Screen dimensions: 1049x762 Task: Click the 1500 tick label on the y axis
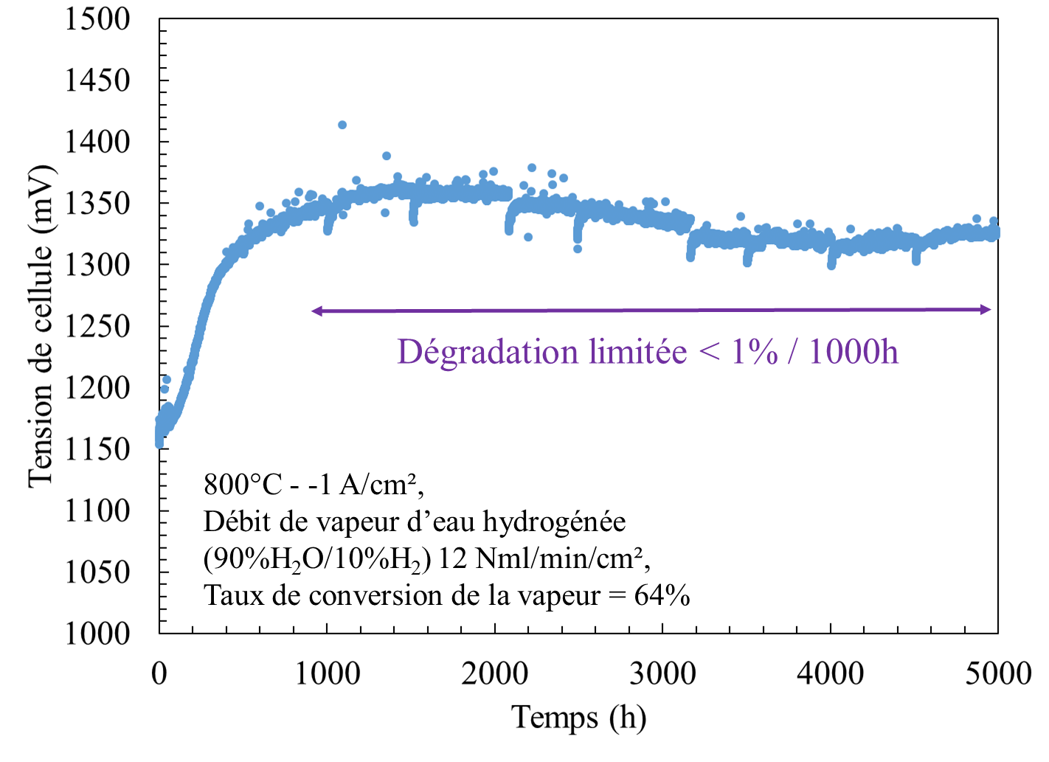click(x=97, y=20)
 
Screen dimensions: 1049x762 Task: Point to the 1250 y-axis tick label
click(x=97, y=327)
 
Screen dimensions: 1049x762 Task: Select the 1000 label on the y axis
click(x=97, y=634)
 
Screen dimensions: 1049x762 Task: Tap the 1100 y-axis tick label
click(x=97, y=510)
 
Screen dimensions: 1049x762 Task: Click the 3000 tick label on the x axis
click(x=662, y=674)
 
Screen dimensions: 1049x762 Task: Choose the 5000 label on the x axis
click(x=998, y=674)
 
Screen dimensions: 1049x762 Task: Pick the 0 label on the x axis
click(x=159, y=674)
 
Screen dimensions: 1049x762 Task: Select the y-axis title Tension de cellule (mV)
click(x=41, y=327)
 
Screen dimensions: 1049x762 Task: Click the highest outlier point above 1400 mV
click(x=342, y=125)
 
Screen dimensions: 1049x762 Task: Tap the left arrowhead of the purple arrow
click(x=317, y=311)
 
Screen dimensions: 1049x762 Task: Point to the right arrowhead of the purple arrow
click(x=986, y=310)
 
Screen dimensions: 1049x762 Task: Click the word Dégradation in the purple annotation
click(x=487, y=353)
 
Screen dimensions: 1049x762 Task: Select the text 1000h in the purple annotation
click(x=854, y=351)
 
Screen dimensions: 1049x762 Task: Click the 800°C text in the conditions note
click(x=243, y=485)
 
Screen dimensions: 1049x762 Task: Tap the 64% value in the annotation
click(x=662, y=596)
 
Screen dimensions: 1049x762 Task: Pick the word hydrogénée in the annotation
click(x=554, y=523)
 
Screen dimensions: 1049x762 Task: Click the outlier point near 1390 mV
click(x=387, y=156)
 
